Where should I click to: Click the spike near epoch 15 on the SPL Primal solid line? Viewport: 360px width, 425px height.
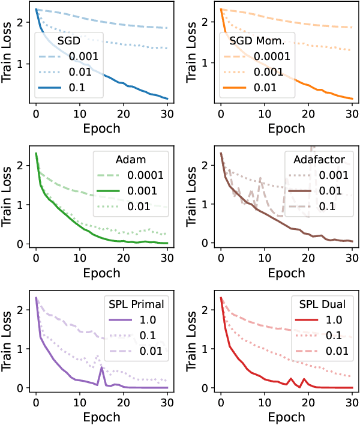[x=102, y=367]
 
